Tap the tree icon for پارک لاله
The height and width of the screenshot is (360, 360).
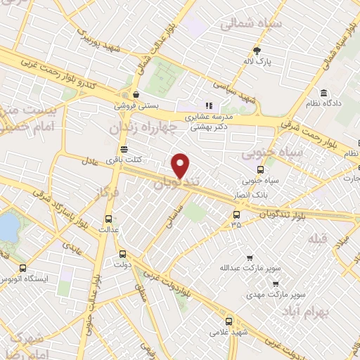(257, 50)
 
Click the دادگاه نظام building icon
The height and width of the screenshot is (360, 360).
(323, 94)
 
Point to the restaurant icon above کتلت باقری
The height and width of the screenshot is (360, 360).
(124, 148)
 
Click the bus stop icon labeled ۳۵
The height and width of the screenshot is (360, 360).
(236, 214)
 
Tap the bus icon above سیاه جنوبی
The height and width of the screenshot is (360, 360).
(261, 169)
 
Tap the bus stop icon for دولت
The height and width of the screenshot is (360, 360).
(122, 254)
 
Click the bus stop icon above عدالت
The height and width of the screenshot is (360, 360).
(108, 218)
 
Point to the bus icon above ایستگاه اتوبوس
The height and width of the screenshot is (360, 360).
(23, 268)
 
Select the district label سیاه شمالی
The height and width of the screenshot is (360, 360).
(250, 24)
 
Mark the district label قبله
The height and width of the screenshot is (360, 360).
(318, 238)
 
